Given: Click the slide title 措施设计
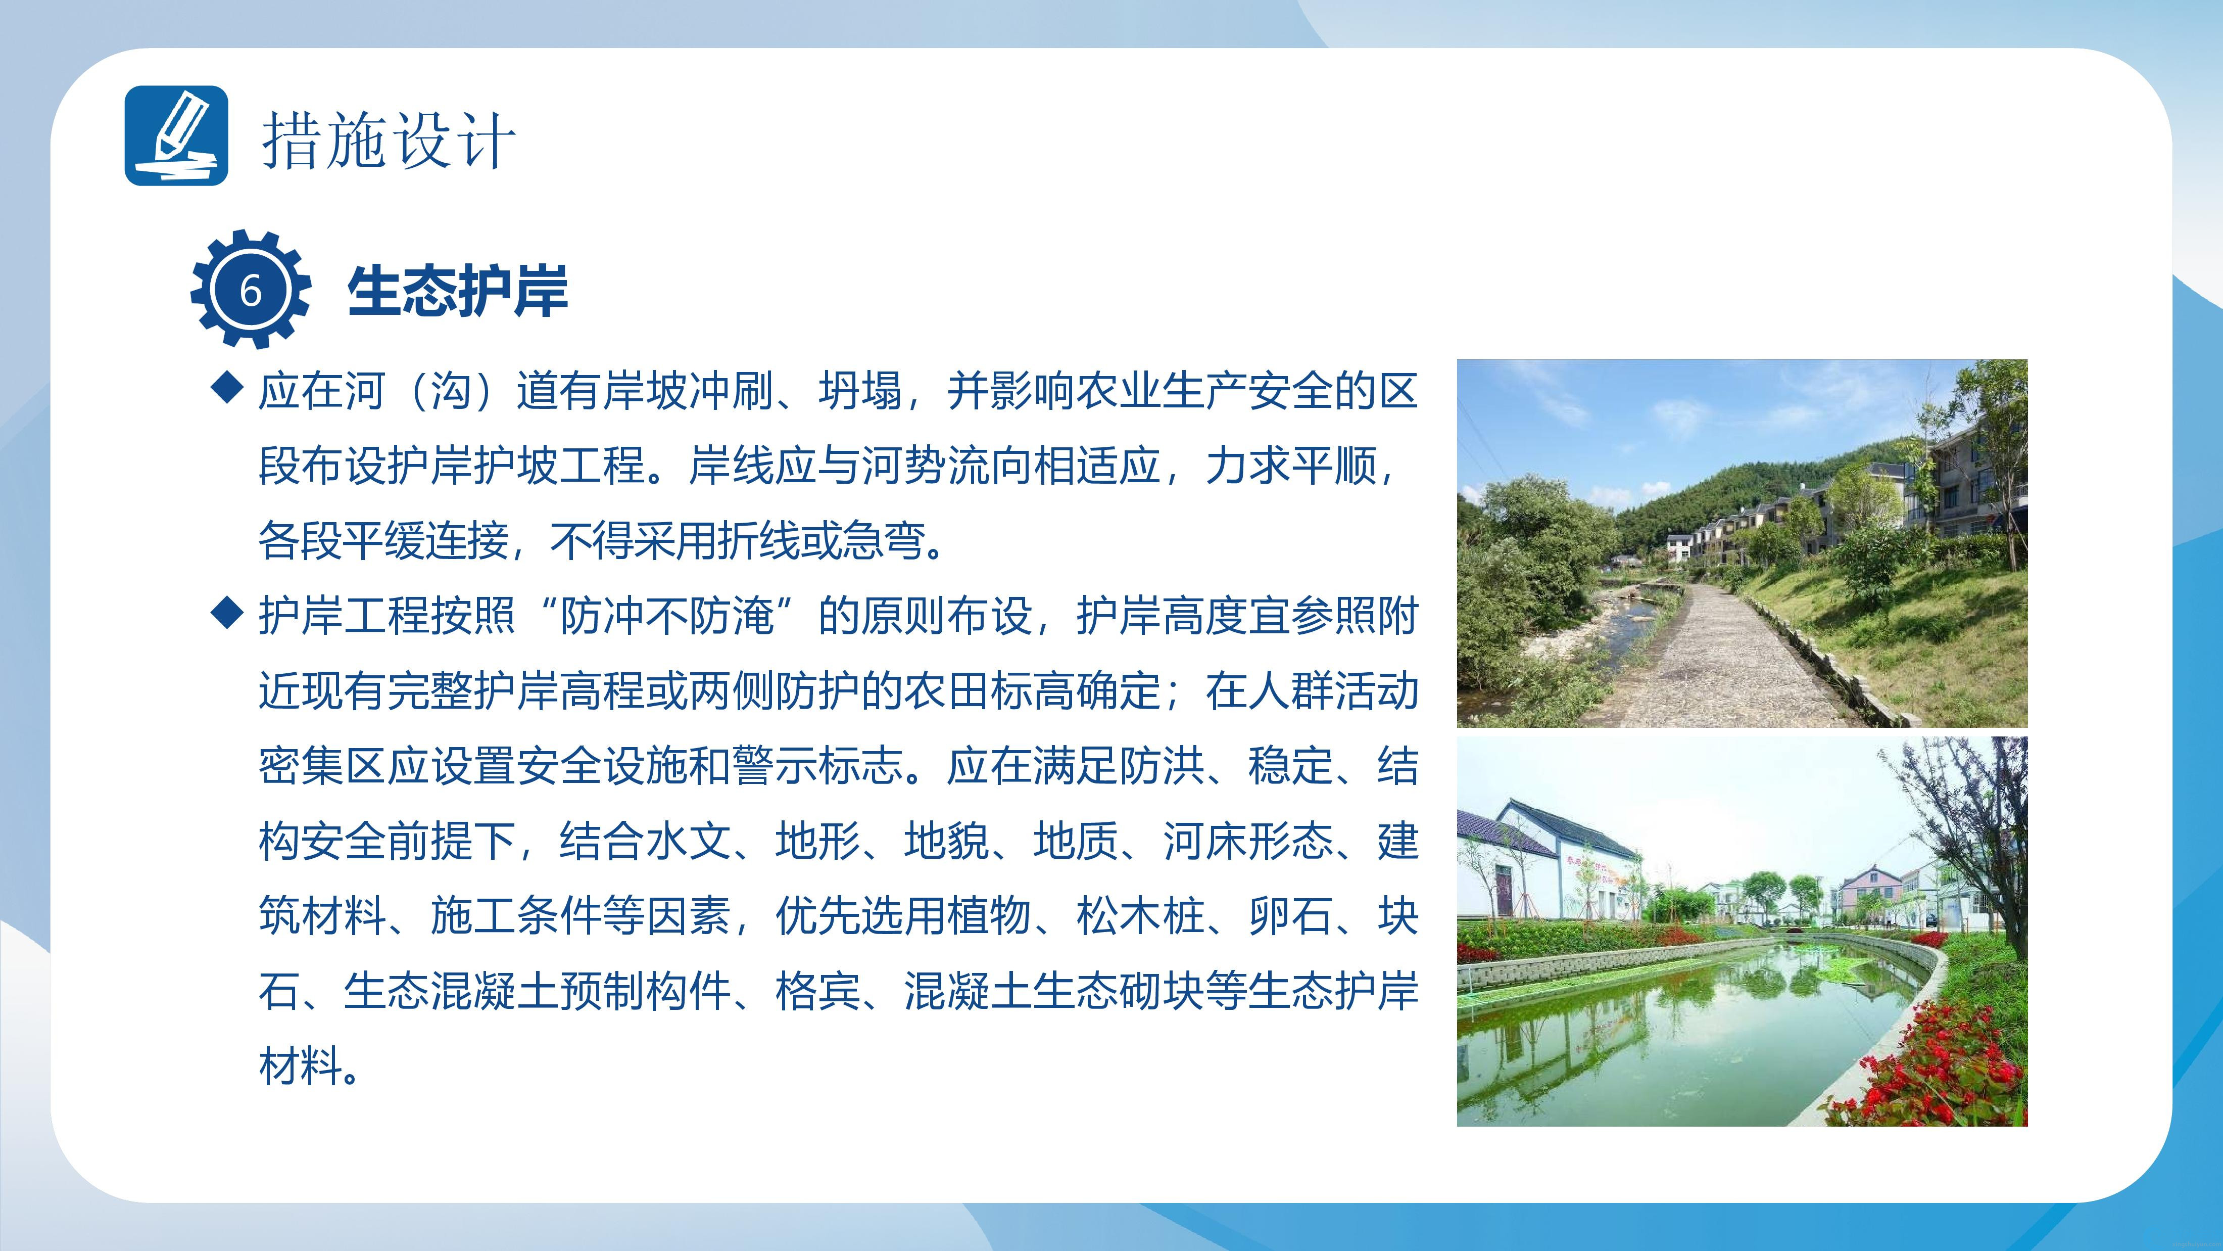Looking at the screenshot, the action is coord(389,141).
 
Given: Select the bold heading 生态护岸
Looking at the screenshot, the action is coord(457,291).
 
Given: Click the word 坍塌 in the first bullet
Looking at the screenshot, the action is coord(860,392).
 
